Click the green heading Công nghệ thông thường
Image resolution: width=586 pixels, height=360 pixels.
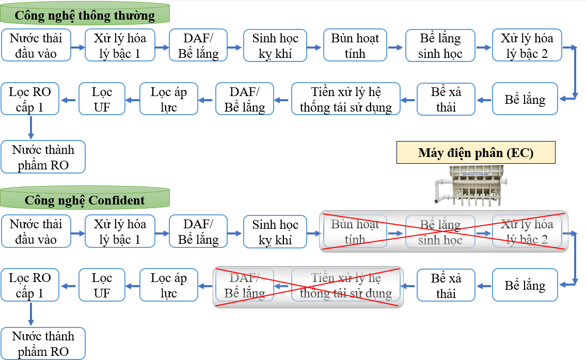(85, 15)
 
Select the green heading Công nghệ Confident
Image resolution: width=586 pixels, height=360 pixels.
(85, 200)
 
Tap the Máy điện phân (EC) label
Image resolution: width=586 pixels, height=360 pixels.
(476, 153)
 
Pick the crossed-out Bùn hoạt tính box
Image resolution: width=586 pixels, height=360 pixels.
(355, 231)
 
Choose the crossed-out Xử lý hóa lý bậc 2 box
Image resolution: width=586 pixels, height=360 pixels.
(527, 231)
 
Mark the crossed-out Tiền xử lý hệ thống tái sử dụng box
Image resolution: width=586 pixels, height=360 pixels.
(346, 286)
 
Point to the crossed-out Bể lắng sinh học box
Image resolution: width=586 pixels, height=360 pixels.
(440, 231)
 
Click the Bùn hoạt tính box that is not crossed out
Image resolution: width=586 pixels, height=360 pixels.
(355, 46)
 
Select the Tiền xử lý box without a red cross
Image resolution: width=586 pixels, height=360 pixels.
(346, 100)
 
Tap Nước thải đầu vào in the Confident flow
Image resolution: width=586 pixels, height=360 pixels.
(36, 231)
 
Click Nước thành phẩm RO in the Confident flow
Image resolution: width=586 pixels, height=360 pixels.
(43, 343)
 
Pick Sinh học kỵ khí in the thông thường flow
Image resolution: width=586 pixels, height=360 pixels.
(275, 46)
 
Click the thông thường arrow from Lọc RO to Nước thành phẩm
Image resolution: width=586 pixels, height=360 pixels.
(31, 128)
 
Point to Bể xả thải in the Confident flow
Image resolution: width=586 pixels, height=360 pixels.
(446, 286)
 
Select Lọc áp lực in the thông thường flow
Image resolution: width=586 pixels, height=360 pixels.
(168, 100)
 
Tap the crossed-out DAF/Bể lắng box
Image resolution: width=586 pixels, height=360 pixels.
(245, 286)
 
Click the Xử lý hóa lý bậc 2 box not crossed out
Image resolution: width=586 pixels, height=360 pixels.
(527, 46)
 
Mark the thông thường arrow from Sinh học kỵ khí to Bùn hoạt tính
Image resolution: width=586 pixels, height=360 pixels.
(315, 47)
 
